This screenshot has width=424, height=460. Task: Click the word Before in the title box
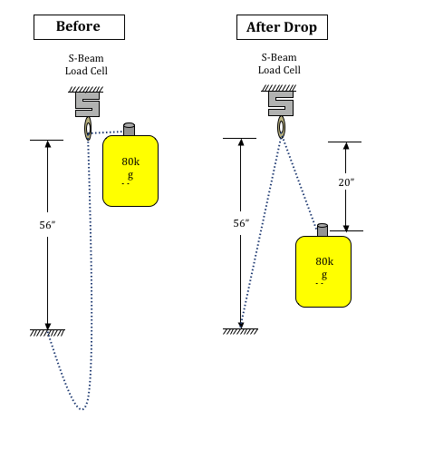pyautogui.click(x=78, y=26)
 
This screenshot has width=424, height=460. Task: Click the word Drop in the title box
pyautogui.click(x=300, y=27)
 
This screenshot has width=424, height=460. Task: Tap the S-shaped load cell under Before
pyautogui.click(x=87, y=104)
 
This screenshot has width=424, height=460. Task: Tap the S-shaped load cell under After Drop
pyautogui.click(x=281, y=103)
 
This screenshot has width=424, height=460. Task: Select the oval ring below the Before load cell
pyautogui.click(x=85, y=129)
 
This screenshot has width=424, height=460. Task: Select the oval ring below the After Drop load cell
pyautogui.click(x=278, y=127)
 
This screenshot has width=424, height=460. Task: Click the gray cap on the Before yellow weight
pyautogui.click(x=129, y=129)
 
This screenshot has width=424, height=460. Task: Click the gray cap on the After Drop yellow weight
pyautogui.click(x=323, y=230)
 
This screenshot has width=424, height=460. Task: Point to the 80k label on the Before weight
pyautogui.click(x=130, y=161)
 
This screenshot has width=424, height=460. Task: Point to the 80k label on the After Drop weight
pyautogui.click(x=324, y=261)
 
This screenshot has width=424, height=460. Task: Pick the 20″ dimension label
pyautogui.click(x=346, y=182)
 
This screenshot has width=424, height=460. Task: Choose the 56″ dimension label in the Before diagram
pyautogui.click(x=47, y=225)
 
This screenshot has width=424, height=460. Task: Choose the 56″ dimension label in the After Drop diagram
pyautogui.click(x=241, y=223)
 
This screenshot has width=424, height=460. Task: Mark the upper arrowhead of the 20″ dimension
pyautogui.click(x=346, y=145)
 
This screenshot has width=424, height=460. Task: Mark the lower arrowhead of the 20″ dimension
pyautogui.click(x=346, y=228)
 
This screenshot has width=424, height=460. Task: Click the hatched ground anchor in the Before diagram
pyautogui.click(x=47, y=333)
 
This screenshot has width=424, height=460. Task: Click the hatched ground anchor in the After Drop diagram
pyautogui.click(x=240, y=331)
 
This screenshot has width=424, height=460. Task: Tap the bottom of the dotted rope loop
pyautogui.click(x=82, y=409)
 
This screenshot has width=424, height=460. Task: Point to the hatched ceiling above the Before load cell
pyautogui.click(x=86, y=89)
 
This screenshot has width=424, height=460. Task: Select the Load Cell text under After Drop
pyautogui.click(x=279, y=70)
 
